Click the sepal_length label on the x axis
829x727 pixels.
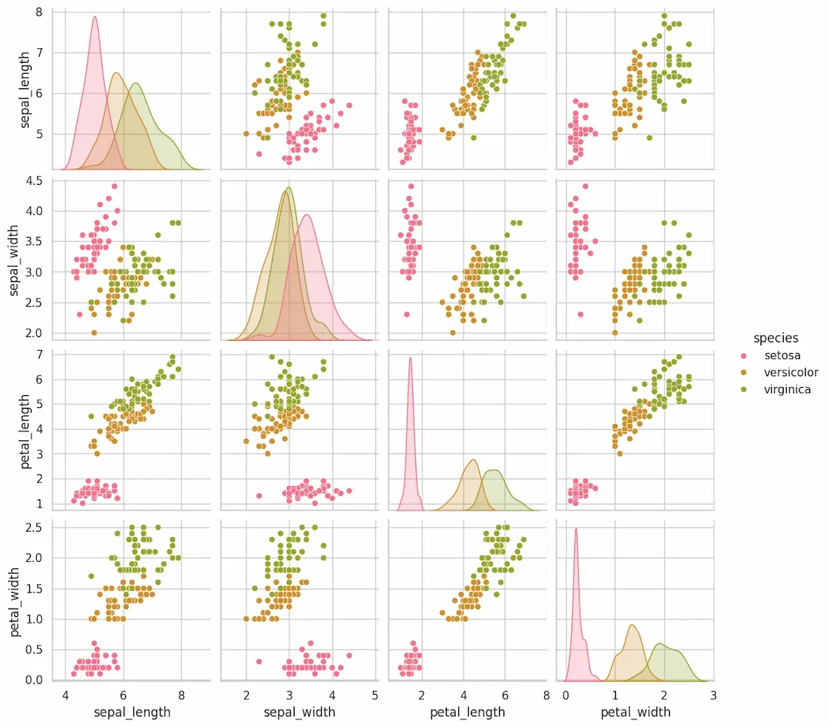pyautogui.click(x=132, y=711)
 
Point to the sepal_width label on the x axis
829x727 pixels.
pyautogui.click(x=300, y=711)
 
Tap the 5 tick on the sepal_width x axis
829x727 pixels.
pyautogui.click(x=375, y=695)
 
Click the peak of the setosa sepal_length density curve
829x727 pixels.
pyautogui.click(x=95, y=17)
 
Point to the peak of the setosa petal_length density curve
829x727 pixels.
pyautogui.click(x=411, y=358)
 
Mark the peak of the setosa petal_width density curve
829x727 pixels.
pyautogui.click(x=576, y=529)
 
